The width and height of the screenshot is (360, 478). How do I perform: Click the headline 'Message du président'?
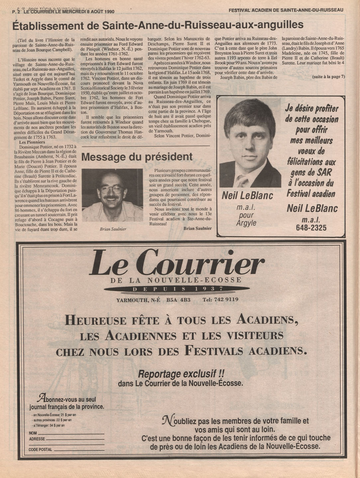point(137,157)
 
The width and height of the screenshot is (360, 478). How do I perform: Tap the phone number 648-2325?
point(311,228)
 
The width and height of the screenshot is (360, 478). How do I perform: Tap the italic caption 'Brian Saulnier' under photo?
point(113,229)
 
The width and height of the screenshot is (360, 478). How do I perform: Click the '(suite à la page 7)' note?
point(328,77)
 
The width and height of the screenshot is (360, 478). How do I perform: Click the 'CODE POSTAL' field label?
point(40,449)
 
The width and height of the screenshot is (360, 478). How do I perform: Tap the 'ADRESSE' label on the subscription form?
point(37,439)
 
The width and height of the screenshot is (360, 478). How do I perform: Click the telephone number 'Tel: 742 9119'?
point(220,299)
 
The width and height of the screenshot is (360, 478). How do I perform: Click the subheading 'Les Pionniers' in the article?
point(32,142)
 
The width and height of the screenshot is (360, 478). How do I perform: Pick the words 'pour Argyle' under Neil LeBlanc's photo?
point(246,219)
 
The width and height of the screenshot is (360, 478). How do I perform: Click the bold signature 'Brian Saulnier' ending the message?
point(197,228)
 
